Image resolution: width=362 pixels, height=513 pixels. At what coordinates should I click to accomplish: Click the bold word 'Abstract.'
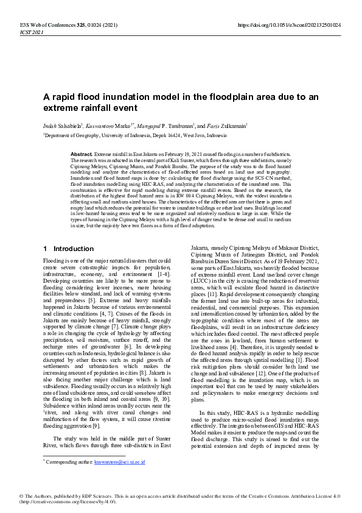[x=82, y=155]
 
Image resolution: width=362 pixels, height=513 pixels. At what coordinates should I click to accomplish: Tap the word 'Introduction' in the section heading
[x=74, y=249]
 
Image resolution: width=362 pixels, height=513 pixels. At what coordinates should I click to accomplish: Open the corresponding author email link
[x=119, y=461]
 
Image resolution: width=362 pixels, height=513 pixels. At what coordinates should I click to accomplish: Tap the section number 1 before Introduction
[x=46, y=249]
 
